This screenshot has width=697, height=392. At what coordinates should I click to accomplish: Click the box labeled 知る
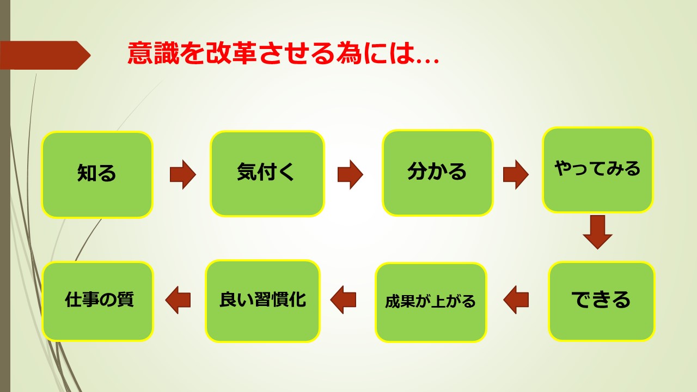click(97, 175)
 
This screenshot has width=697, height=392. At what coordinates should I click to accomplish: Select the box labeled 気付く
click(267, 174)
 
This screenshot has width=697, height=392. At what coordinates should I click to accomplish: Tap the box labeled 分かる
click(438, 173)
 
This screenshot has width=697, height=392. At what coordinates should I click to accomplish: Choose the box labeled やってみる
click(597, 170)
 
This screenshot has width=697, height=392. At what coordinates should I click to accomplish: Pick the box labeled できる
click(602, 301)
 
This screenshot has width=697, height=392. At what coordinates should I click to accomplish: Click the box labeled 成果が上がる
click(431, 302)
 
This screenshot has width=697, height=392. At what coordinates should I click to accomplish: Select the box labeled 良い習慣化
click(263, 301)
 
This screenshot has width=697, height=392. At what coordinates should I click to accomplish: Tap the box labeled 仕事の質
click(97, 301)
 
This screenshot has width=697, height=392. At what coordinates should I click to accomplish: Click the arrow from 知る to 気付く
click(182, 175)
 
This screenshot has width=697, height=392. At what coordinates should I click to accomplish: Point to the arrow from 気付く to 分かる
click(350, 175)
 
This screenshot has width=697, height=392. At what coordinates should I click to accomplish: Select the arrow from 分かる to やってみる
click(516, 175)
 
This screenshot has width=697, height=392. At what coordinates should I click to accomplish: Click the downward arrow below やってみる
click(597, 232)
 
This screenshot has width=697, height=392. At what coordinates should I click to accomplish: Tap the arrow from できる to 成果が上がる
click(516, 299)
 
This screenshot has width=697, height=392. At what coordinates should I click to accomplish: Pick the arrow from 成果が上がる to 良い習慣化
click(343, 299)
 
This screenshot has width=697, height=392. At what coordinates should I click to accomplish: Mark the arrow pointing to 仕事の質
click(178, 299)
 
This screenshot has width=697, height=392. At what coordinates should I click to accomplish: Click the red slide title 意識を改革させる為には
click(283, 53)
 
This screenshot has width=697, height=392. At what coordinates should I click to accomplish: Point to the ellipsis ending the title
click(427, 60)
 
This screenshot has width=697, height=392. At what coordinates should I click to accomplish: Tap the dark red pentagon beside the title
click(45, 55)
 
